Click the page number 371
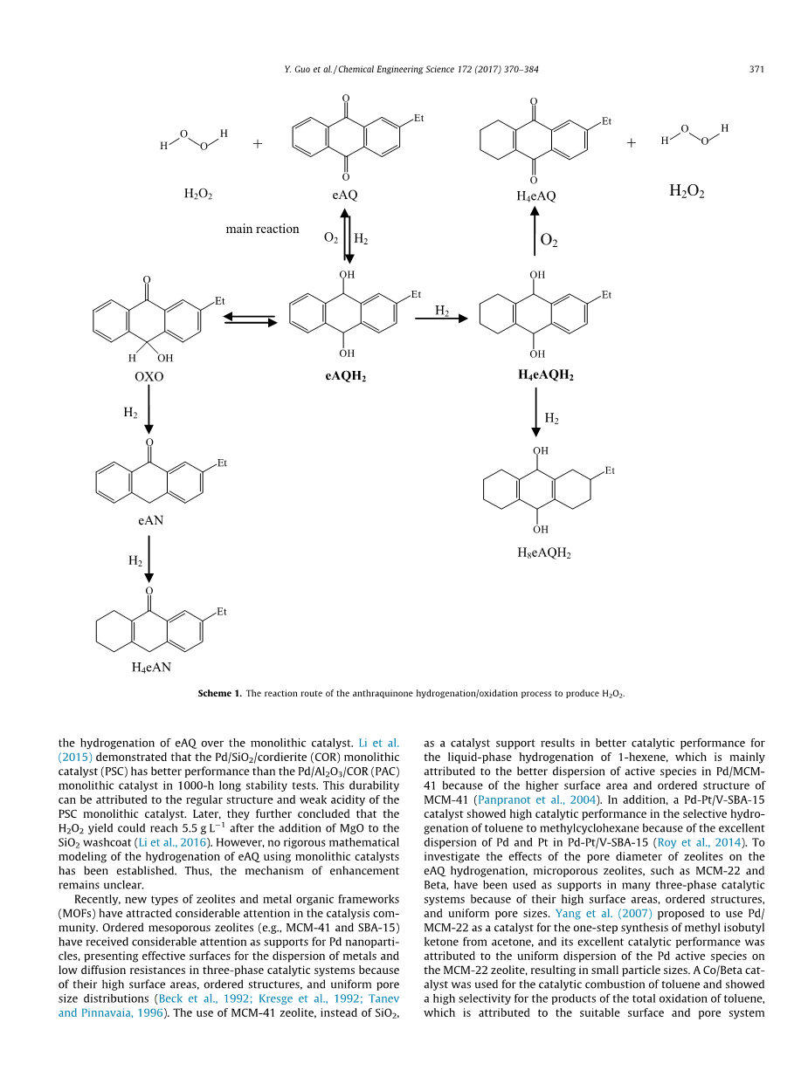(x=756, y=69)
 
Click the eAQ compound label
(x=346, y=196)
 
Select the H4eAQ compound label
(x=536, y=196)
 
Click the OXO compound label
(x=148, y=377)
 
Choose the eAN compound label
(x=148, y=520)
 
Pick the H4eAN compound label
(x=150, y=668)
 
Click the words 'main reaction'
(x=262, y=230)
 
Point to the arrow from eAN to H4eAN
(x=149, y=559)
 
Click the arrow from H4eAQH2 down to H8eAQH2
(x=536, y=415)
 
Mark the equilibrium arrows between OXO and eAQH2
(x=250, y=319)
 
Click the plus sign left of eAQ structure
(x=258, y=144)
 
